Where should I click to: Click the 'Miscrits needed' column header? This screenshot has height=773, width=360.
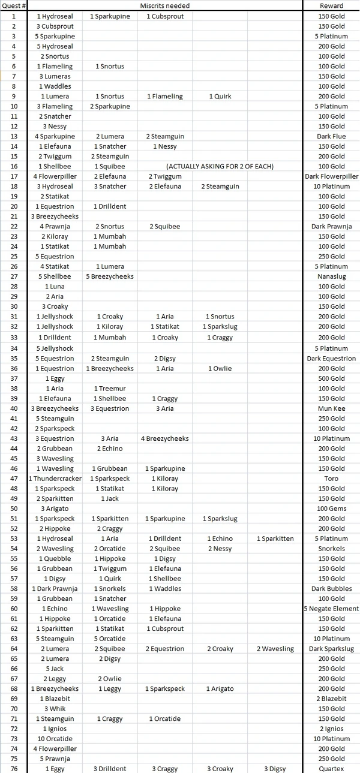pyautogui.click(x=165, y=6)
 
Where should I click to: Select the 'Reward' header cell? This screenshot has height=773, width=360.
pyautogui.click(x=331, y=6)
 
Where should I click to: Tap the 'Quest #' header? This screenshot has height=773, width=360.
pyautogui.click(x=13, y=6)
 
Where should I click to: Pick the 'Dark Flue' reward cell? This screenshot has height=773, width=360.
pyautogui.click(x=331, y=136)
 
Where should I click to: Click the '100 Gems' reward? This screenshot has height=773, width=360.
pyautogui.click(x=331, y=509)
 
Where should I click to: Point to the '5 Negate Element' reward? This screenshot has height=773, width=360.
pyautogui.click(x=331, y=609)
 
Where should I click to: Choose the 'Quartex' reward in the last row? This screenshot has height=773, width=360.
pyautogui.click(x=331, y=769)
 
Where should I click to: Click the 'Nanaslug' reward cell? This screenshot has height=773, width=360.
pyautogui.click(x=331, y=276)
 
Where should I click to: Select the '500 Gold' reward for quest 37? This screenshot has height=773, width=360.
pyautogui.click(x=331, y=378)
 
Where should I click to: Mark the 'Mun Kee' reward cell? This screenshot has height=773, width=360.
pyautogui.click(x=331, y=408)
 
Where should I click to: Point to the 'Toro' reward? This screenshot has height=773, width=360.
pyautogui.click(x=331, y=479)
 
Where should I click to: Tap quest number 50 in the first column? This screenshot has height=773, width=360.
pyautogui.click(x=13, y=509)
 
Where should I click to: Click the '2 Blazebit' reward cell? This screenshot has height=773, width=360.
pyautogui.click(x=331, y=699)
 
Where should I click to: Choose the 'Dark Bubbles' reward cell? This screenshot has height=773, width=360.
pyautogui.click(x=331, y=589)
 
